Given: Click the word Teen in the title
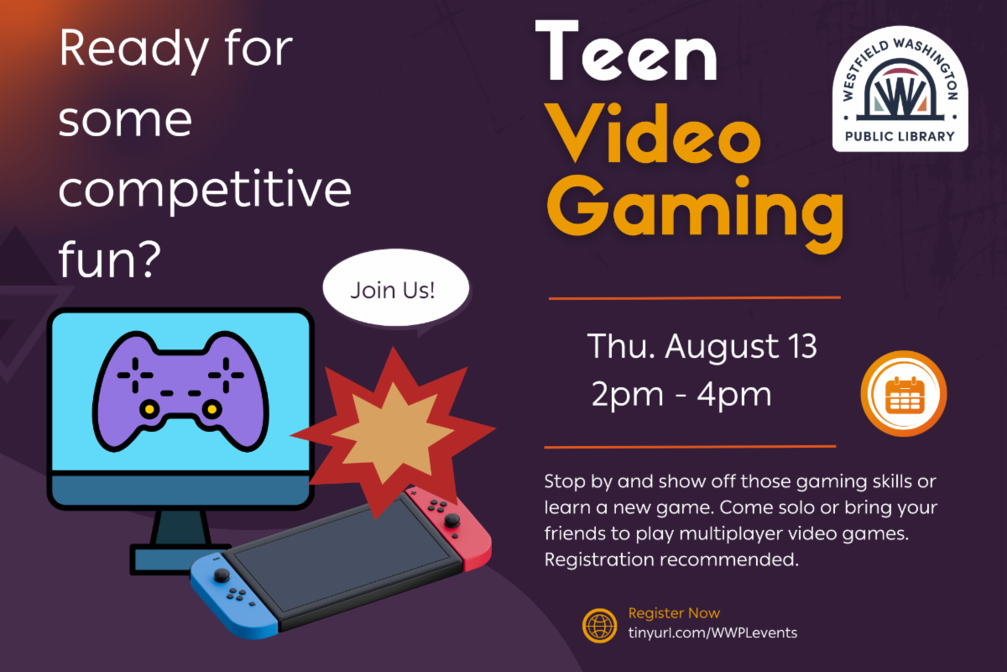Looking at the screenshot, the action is tap(626, 50).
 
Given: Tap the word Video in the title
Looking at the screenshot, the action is tap(653, 133).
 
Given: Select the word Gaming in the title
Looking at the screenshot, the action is tap(695, 212).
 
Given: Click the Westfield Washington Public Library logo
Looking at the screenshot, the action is tap(900, 89).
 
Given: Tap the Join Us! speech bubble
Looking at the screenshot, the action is tap(395, 289).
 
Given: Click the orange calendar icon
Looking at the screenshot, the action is tap(904, 393).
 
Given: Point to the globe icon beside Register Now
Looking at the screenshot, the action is tap(600, 625).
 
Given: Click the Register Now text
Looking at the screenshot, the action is tap(674, 612).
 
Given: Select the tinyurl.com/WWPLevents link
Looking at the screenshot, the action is tap(712, 633).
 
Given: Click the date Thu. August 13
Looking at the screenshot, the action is tap(702, 347).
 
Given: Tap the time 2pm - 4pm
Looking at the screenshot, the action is tap(681, 394).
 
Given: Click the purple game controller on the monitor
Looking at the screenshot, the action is tap(180, 391).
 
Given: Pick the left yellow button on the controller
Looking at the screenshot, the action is tap(149, 409).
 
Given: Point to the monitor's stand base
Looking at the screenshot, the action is tap(180, 559).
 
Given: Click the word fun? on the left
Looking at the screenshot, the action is tap(109, 259).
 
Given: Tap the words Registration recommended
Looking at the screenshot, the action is tap(671, 559).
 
